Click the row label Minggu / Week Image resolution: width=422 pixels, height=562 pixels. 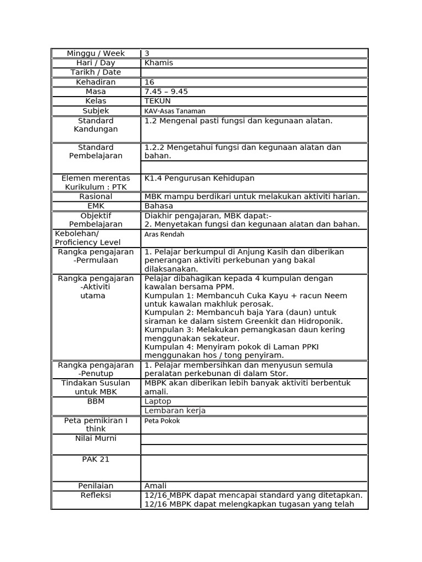96,53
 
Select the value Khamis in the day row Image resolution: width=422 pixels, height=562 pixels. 158,63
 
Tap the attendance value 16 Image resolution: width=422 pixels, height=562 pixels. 149,82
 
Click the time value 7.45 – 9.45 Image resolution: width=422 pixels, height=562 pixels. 166,91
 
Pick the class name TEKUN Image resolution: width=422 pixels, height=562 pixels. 157,101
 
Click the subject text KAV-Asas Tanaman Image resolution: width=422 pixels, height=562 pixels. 175,111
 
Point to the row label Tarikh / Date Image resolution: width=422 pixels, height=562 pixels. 96,72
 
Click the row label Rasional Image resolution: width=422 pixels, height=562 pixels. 96,196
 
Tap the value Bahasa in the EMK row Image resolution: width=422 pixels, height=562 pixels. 158,206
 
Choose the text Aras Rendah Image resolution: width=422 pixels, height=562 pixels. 164,234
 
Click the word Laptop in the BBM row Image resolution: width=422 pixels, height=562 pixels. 158,401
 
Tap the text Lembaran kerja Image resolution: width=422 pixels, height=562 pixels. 175,411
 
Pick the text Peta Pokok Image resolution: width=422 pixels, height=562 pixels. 162,421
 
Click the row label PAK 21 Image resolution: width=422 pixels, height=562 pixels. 96,459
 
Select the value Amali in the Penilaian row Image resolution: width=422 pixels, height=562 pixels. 155,486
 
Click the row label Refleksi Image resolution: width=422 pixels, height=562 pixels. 96,495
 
